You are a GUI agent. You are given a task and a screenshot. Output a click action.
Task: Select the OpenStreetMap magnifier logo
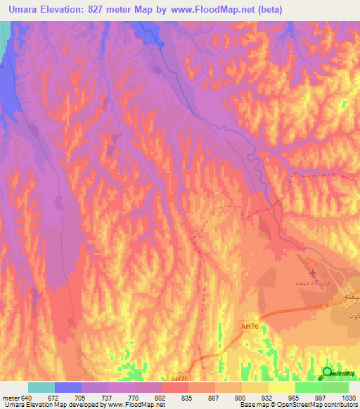coord(328,372)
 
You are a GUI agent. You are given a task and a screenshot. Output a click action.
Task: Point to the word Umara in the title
coord(25,9)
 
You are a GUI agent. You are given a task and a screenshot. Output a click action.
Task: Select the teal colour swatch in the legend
coord(41,387)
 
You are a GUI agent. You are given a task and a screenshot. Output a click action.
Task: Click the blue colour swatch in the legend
coord(68,387)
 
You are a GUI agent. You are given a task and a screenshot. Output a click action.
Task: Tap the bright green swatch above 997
coord(308,387)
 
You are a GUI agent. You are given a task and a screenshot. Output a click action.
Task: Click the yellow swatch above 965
coord(281,387)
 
